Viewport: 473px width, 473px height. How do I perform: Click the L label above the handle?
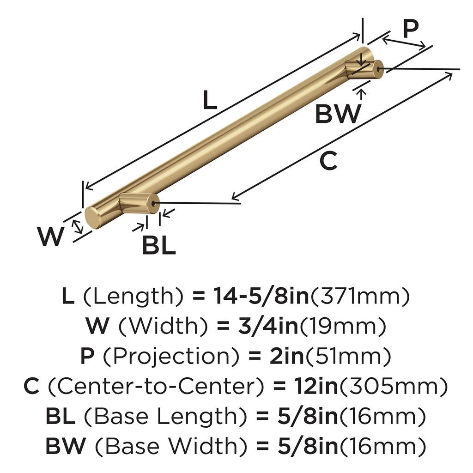[x=210, y=100]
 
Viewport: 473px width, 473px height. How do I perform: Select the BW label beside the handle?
[x=338, y=114]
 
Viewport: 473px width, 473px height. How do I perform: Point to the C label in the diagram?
[x=328, y=161]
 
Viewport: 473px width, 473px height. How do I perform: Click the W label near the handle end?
[x=51, y=237]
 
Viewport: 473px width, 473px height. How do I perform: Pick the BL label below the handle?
[x=158, y=246]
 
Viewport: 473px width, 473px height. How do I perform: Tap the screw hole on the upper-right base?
[x=379, y=69]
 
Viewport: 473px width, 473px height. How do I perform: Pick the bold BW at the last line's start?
[x=65, y=446]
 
